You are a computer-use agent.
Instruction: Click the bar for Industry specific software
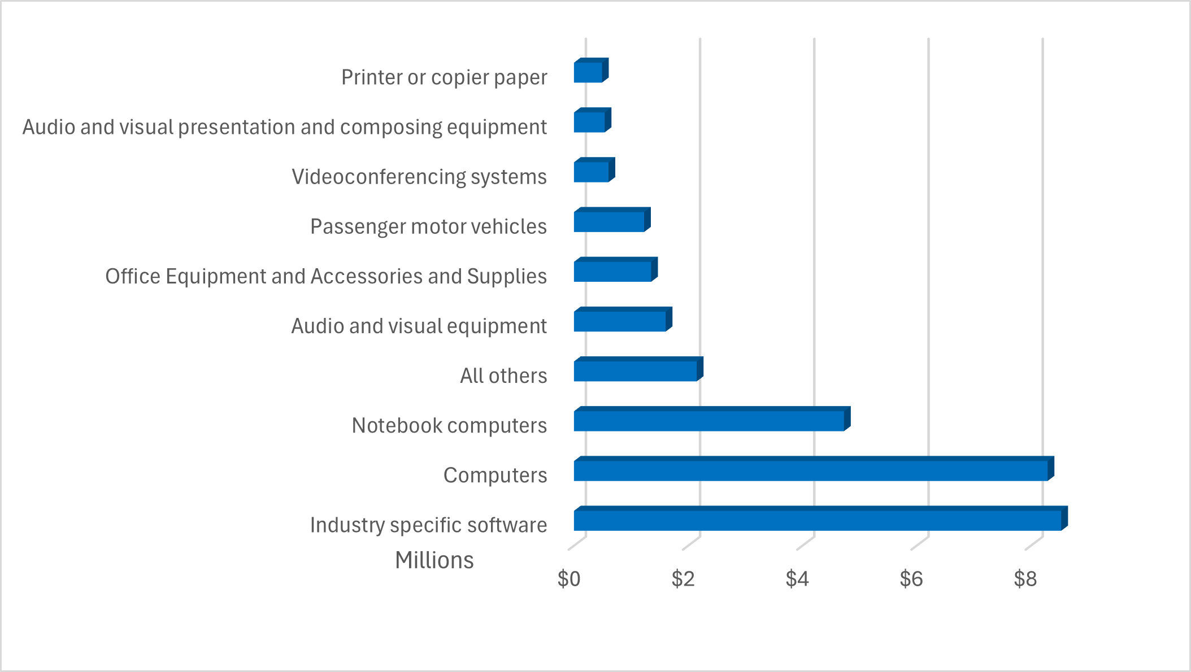point(818,520)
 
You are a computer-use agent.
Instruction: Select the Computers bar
point(811,470)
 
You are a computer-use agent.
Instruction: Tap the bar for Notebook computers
point(709,421)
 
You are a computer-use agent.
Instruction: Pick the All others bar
point(636,371)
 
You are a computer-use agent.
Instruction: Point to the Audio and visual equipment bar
point(620,321)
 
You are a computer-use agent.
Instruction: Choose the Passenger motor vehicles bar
point(609,221)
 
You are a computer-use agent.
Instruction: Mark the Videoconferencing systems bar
point(592,172)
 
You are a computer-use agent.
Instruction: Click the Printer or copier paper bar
point(588,72)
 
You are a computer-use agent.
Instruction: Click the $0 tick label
point(568,579)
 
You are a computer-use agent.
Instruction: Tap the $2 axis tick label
point(683,579)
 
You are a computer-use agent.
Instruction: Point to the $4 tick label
point(797,579)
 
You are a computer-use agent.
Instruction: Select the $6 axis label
point(911,579)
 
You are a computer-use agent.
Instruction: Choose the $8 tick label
point(1025,579)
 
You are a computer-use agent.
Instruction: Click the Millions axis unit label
point(434,560)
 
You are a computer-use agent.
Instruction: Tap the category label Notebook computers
point(449,426)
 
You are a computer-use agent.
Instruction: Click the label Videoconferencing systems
point(419,177)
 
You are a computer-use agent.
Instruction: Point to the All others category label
point(503,376)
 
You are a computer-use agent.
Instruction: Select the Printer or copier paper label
point(444,77)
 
